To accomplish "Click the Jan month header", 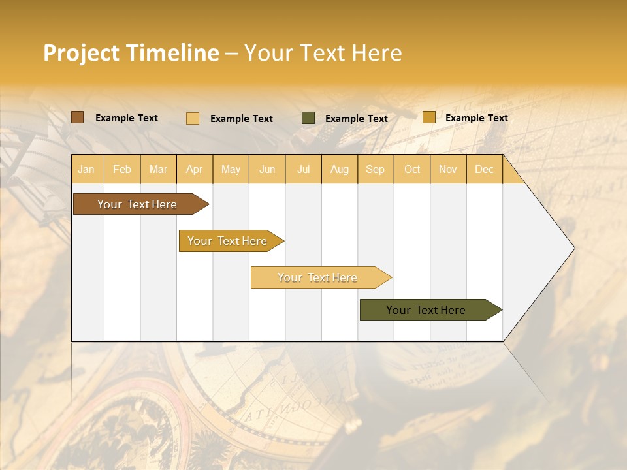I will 87,169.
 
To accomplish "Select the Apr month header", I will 195,169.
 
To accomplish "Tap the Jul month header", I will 304,169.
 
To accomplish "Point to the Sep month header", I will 375,169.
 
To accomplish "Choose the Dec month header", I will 484,169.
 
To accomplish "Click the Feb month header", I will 122,169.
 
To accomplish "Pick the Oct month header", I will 412,169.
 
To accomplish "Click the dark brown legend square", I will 77,117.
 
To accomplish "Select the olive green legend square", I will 308,118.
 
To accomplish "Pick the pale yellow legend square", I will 193,118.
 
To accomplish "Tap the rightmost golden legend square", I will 428,117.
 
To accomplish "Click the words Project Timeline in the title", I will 131,53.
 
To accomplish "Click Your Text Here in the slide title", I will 323,53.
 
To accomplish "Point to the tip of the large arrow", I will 573,248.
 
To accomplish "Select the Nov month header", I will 448,169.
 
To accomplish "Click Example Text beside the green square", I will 356,119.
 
